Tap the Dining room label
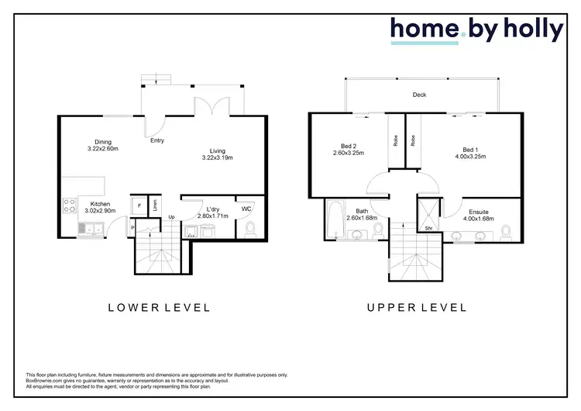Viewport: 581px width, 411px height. coord(103,142)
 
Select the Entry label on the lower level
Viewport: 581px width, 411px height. coord(157,140)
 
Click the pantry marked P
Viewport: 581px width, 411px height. coord(132,227)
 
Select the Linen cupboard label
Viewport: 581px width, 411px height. coord(154,206)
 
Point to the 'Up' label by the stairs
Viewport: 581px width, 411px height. coord(171,216)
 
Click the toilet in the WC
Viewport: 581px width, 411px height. coord(249,229)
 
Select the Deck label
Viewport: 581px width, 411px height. coord(419,95)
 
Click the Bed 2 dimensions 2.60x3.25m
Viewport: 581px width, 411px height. coord(348,153)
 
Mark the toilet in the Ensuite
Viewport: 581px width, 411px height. coord(505,231)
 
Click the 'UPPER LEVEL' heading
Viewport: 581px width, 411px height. coord(416,308)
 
